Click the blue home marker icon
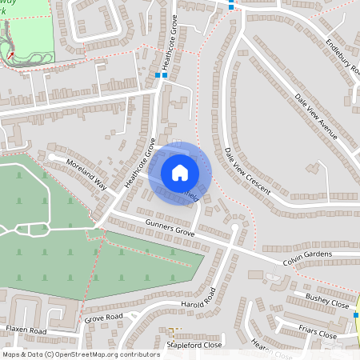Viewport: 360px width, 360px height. coord(179,172)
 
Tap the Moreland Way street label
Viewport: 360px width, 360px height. coord(87,172)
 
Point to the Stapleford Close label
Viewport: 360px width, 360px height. coord(193,345)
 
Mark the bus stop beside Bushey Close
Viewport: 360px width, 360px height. coord(356,315)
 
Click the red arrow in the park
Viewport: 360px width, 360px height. coord(12,54)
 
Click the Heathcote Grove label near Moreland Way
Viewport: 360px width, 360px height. coord(141,162)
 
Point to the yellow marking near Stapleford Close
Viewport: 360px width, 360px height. coord(171,330)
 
